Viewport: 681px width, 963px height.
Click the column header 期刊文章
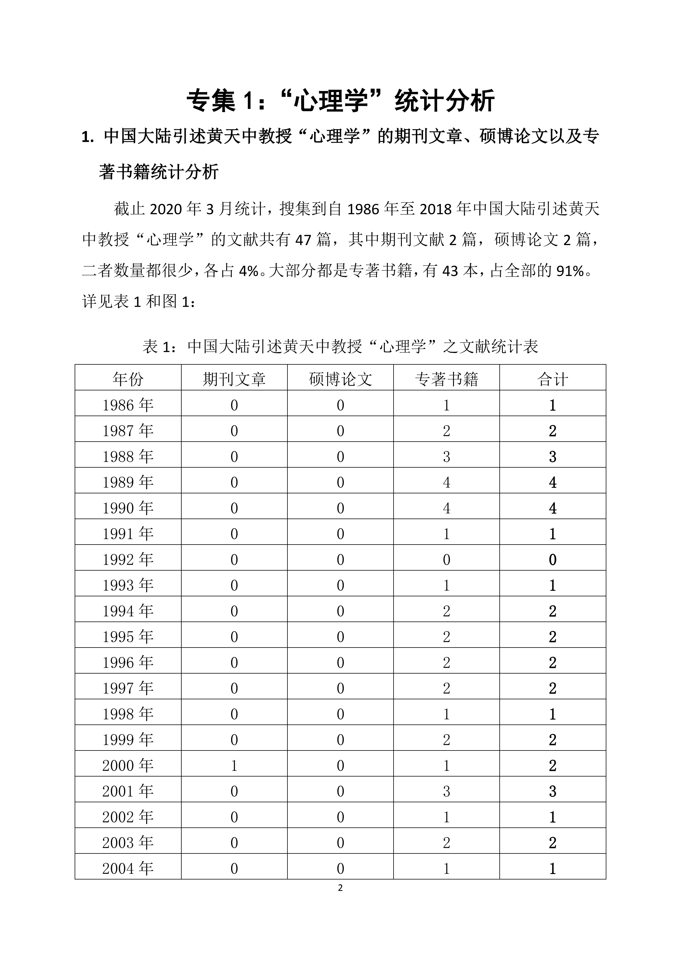pos(234,379)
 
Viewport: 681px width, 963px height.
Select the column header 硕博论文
pos(340,379)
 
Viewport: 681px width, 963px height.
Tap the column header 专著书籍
pos(446,379)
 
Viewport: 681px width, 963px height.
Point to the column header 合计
pos(552,379)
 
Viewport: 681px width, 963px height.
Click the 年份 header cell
pos(128,379)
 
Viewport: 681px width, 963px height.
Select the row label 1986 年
pos(128,405)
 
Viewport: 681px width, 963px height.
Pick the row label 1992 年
pos(128,559)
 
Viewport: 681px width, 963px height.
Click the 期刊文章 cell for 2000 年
pos(234,765)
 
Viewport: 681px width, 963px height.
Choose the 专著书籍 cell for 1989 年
pos(446,482)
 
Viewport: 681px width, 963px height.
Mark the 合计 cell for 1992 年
pos(552,559)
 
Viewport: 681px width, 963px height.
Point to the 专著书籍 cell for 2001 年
pos(446,791)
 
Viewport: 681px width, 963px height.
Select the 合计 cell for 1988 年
pos(552,457)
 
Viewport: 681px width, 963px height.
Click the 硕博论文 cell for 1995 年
pos(340,637)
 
